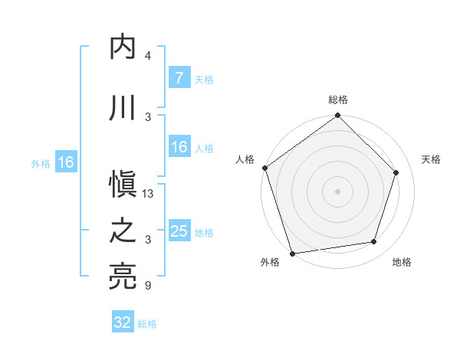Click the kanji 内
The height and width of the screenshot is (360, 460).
click(123, 48)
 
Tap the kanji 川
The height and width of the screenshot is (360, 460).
click(123, 108)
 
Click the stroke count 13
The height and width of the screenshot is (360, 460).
click(149, 194)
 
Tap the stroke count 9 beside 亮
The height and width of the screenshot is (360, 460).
click(147, 286)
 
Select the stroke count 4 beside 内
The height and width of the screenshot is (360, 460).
click(147, 56)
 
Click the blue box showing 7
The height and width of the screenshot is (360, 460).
click(179, 77)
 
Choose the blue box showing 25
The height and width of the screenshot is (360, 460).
click(179, 231)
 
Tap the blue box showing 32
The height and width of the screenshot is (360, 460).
click(123, 322)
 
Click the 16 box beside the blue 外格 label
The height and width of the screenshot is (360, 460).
click(65, 162)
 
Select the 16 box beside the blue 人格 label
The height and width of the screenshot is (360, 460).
click(179, 147)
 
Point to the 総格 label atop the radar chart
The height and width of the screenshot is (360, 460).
click(338, 100)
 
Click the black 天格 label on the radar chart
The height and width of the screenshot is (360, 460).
click(431, 159)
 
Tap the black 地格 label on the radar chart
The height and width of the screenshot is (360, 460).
click(402, 262)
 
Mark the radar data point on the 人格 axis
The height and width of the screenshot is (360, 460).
click(264, 168)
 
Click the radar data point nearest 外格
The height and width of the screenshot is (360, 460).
click(292, 253)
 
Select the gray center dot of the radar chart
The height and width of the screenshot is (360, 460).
click(338, 191)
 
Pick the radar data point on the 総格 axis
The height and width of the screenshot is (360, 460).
click(338, 116)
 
